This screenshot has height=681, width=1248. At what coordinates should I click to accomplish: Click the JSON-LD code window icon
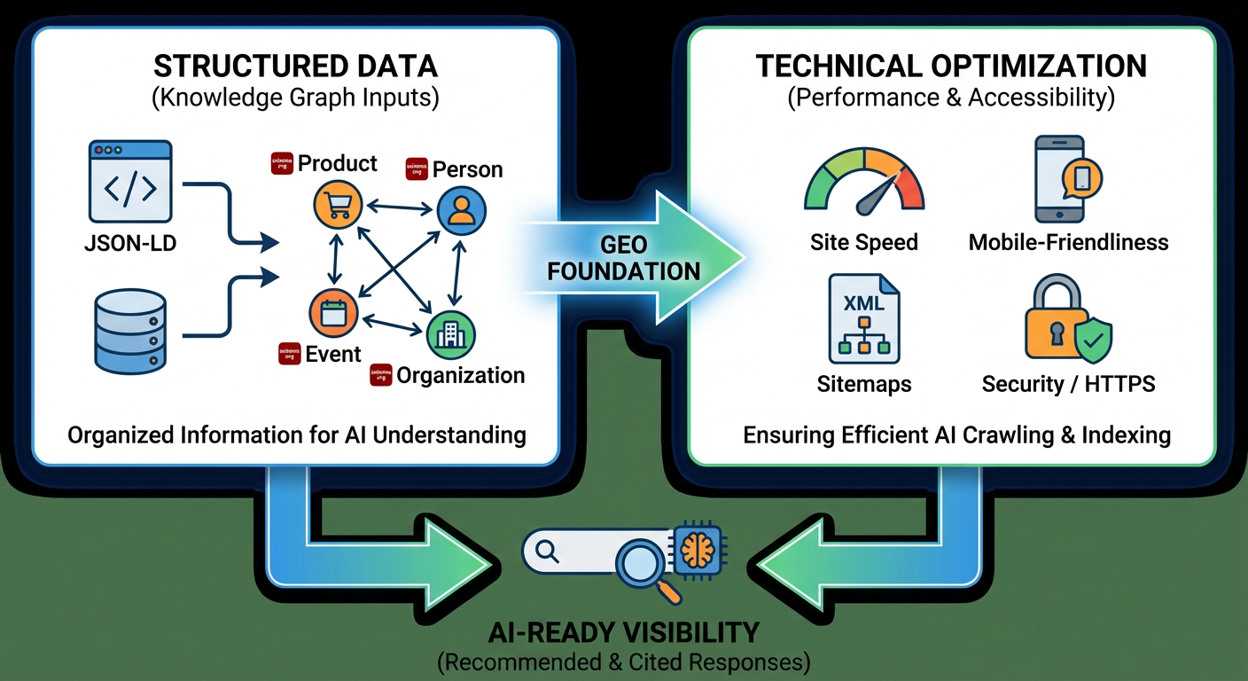[x=129, y=181]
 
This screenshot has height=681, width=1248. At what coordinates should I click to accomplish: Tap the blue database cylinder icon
[x=129, y=334]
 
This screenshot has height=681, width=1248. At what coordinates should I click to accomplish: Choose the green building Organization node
[x=451, y=334]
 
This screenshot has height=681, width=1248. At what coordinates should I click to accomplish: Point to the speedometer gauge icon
[x=863, y=183]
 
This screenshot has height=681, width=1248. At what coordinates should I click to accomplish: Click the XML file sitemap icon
[x=863, y=319]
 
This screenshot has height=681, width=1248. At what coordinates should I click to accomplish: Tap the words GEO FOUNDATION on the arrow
[x=623, y=258]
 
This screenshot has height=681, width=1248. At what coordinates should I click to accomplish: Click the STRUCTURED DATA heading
[x=295, y=67]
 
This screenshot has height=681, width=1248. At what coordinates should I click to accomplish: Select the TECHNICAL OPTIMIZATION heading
[x=951, y=67]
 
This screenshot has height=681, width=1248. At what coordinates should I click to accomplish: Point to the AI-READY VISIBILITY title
[x=623, y=632]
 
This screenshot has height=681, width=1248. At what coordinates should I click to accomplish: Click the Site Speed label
[x=863, y=242]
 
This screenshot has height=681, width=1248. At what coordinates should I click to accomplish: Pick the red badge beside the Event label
[x=289, y=353]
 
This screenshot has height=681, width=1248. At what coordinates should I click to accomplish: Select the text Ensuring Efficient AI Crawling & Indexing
[x=956, y=435]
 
